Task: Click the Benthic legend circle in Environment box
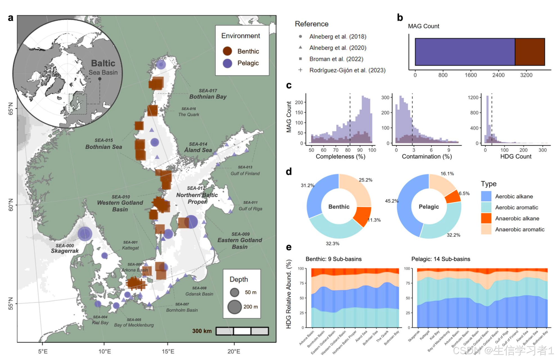(x=227, y=51)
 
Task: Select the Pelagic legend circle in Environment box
(x=227, y=63)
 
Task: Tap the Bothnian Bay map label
(x=208, y=97)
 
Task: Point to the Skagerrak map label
(x=65, y=251)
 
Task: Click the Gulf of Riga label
(x=250, y=209)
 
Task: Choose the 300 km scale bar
(x=242, y=331)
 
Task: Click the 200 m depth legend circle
(x=235, y=307)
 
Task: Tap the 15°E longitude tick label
(x=168, y=351)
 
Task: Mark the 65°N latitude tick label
(x=11, y=109)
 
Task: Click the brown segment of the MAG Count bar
(x=530, y=52)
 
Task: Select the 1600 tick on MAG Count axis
(x=470, y=75)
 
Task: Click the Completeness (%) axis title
(x=340, y=156)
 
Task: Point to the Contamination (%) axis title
(x=427, y=156)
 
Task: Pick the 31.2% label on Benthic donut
(x=307, y=185)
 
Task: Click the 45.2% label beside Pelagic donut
(x=392, y=201)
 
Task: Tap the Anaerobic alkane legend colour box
(x=486, y=218)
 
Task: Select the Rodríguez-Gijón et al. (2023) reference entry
(x=347, y=70)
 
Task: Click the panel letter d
(x=289, y=171)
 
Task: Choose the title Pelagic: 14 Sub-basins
(x=440, y=259)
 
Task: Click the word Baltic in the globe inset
(x=103, y=63)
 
